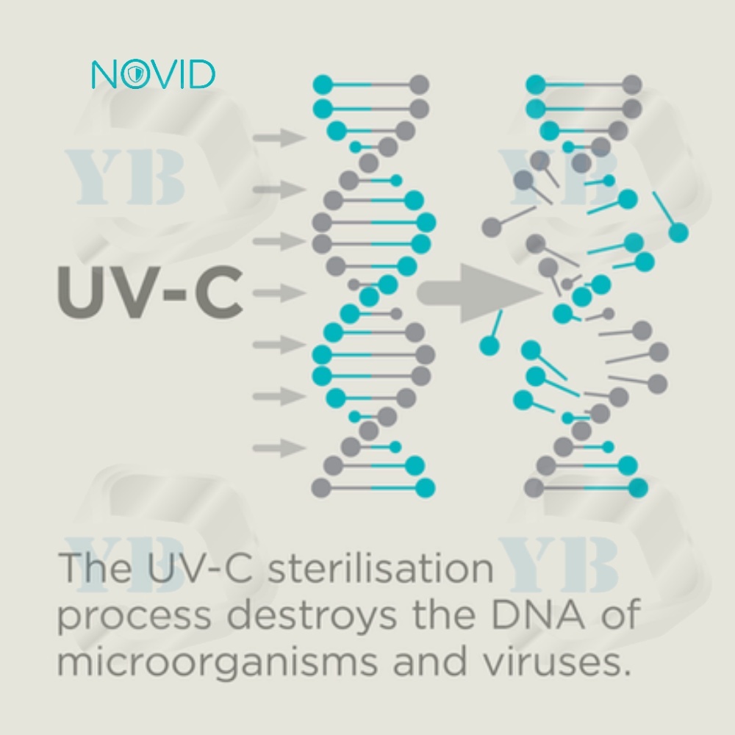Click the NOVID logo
(153, 75)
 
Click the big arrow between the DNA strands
(478, 293)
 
